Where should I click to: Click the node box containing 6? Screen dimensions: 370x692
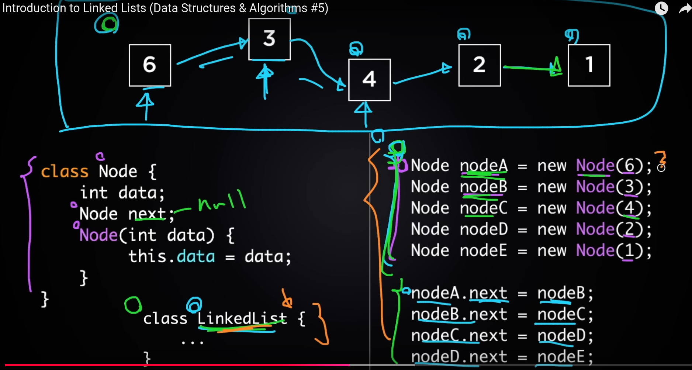(150, 65)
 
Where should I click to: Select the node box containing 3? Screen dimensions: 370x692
(269, 39)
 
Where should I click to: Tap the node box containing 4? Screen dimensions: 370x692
(369, 80)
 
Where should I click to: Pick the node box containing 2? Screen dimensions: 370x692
(479, 65)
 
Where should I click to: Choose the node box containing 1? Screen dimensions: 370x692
(589, 65)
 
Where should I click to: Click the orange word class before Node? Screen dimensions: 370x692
(65, 172)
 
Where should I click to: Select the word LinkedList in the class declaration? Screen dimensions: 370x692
(242, 318)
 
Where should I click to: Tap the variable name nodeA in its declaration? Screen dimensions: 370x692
(484, 166)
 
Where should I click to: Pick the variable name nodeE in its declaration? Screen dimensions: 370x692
(484, 250)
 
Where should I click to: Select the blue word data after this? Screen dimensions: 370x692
(196, 257)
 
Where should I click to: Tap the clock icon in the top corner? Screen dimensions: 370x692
(661, 8)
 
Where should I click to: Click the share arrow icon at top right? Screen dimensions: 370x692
(685, 8)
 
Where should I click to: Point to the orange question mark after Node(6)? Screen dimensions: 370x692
(661, 158)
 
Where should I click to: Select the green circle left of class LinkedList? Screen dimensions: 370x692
(133, 305)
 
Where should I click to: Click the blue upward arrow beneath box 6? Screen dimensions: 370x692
(146, 105)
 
